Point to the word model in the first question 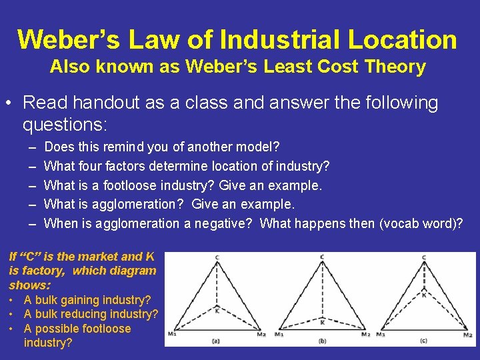pyautogui.click(x=260, y=147)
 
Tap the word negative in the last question pyautogui.click(x=223, y=223)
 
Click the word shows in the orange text pyautogui.click(x=25, y=285)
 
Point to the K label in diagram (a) pyautogui.click(x=216, y=310)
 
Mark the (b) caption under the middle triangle pyautogui.click(x=322, y=341)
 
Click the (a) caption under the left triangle pyautogui.click(x=216, y=341)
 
